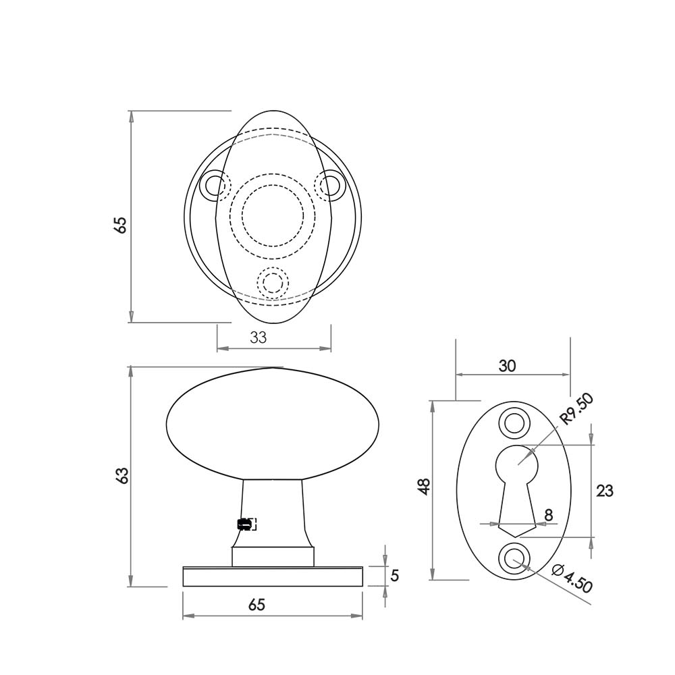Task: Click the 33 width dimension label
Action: point(259,337)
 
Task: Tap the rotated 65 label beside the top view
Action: point(121,225)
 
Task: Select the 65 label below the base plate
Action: point(256,605)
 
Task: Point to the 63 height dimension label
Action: point(122,475)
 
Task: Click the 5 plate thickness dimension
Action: point(395,576)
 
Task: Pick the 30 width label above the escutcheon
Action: point(507,366)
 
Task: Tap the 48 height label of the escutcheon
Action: point(424,487)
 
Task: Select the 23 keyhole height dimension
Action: point(605,491)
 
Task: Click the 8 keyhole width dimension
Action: point(549,515)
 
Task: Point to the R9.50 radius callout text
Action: point(578,410)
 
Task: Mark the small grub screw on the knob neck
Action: point(245,524)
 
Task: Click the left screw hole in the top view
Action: point(215,184)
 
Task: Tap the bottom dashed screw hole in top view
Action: point(273,283)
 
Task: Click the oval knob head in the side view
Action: point(273,423)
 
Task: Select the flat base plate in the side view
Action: point(273,576)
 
